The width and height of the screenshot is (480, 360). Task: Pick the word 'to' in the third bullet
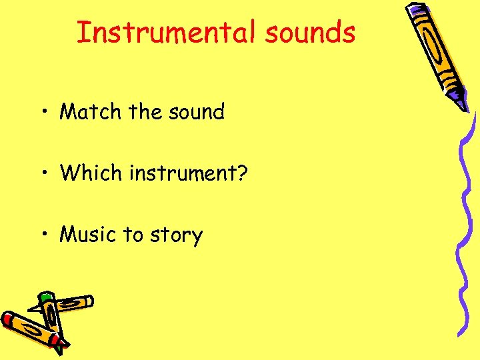[133, 235]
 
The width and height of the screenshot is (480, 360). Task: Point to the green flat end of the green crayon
[46, 296]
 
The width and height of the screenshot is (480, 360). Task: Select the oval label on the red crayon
[31, 331]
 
